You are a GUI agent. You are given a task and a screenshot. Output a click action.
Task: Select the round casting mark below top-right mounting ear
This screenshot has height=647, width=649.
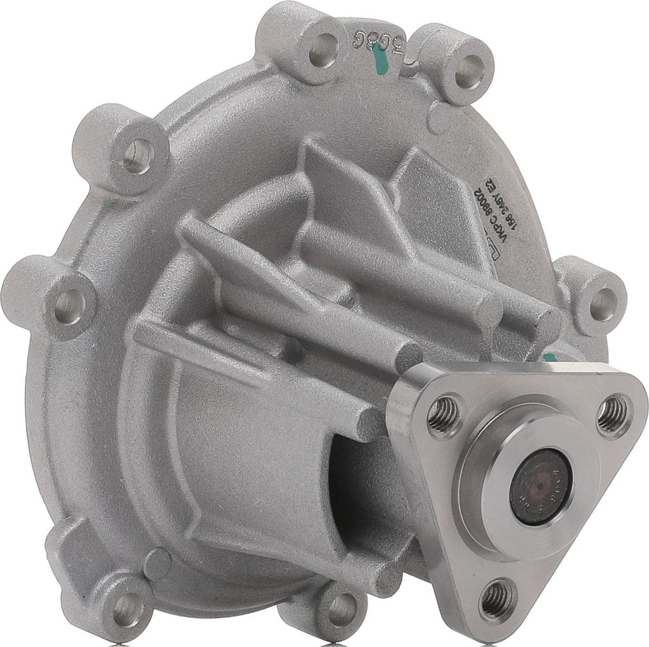(x=439, y=121)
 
